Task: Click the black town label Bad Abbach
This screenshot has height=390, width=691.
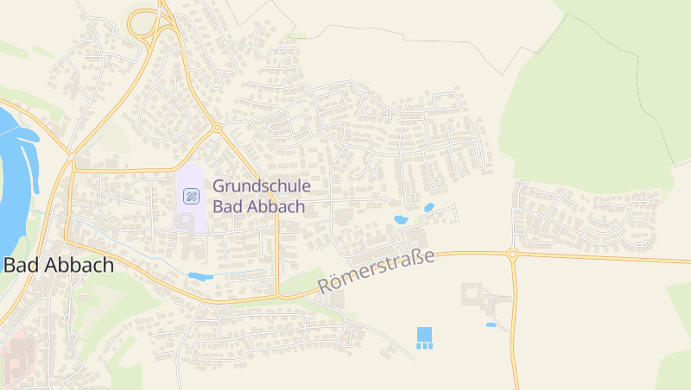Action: click(59, 265)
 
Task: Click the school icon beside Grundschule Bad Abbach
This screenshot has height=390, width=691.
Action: click(191, 196)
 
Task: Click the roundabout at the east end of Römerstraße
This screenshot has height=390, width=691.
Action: click(512, 254)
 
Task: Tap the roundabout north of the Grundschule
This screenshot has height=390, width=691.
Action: click(216, 128)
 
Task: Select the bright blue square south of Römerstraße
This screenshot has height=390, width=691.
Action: click(423, 333)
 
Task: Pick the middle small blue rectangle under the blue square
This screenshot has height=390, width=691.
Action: click(423, 345)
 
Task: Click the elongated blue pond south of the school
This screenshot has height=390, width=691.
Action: click(200, 276)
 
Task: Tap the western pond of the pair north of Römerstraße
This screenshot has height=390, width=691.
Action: click(402, 220)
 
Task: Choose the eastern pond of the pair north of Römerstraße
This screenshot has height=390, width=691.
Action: click(429, 207)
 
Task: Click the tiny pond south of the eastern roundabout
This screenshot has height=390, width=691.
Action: click(491, 324)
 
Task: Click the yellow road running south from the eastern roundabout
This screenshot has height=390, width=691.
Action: click(515, 328)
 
